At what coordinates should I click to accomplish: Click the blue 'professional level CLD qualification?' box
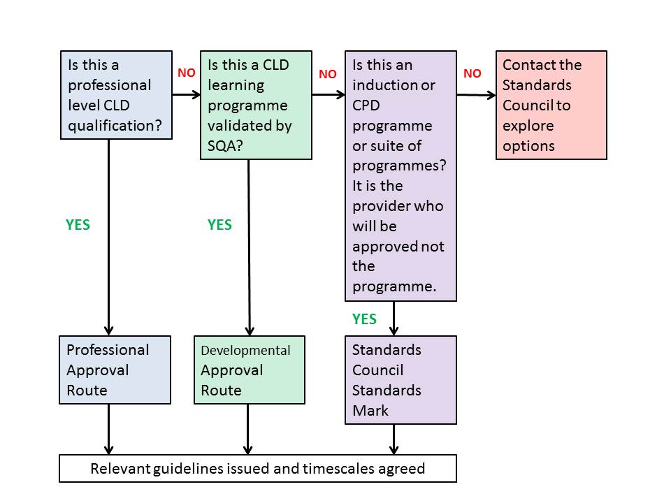117,95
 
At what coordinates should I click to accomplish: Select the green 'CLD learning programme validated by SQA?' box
256,105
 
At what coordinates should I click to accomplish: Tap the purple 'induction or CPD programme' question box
401,176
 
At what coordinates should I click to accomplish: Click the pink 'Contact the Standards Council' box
551,105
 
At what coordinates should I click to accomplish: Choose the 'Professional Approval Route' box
115,370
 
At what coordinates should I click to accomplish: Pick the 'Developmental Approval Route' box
250,370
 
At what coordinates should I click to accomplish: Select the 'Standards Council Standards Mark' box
401,380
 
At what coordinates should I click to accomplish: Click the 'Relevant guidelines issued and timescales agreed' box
258,468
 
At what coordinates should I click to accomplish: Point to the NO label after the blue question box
187,73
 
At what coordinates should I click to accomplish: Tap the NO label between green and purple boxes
328,74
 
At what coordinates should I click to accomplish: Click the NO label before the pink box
472,73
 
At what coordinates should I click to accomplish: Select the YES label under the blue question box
78,225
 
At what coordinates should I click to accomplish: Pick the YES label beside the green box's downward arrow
219,225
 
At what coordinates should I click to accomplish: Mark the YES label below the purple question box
364,319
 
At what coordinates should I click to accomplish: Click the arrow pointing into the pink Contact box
476,95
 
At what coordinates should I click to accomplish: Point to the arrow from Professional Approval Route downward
109,429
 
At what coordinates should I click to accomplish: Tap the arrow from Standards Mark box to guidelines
394,439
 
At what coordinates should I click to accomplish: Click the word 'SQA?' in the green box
225,146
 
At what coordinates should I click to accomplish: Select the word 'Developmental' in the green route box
245,350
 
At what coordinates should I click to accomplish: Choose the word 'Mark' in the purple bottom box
370,411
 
